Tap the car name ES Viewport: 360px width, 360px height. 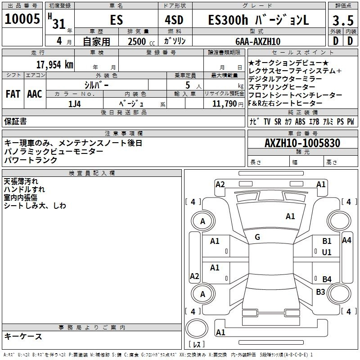click(116, 20)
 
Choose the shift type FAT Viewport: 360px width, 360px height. click(13, 94)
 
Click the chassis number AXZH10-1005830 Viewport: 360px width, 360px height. click(302, 143)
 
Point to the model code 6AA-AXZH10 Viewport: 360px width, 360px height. click(258, 41)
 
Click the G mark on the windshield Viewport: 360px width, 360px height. click(257, 237)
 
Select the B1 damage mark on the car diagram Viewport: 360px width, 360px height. click(327, 241)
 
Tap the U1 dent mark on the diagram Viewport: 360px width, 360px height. click(327, 252)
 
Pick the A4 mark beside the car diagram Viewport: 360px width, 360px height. click(346, 240)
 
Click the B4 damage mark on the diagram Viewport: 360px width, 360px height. click(327, 279)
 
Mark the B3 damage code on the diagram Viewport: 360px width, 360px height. click(320, 292)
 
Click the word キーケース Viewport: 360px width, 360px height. click(23, 336)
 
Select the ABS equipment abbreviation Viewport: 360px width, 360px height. click(300, 121)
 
